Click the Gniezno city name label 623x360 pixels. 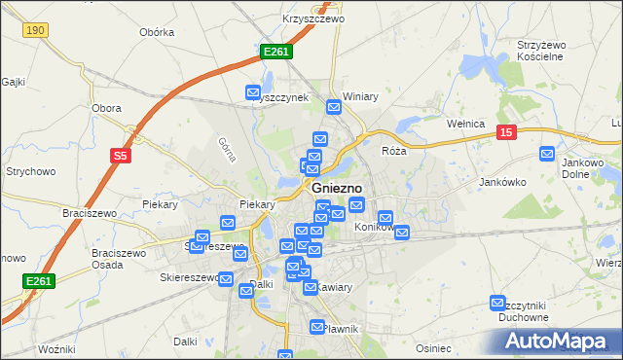[x=337, y=188]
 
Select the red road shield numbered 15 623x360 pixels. [x=504, y=132]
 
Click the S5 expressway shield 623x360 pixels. [x=120, y=155]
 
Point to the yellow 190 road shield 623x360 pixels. [x=36, y=31]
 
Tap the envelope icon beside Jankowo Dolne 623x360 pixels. [x=547, y=153]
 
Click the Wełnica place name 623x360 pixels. [x=465, y=124]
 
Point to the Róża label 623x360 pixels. [x=393, y=151]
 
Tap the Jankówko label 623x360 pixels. [x=503, y=182]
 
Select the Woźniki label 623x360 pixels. [x=55, y=348]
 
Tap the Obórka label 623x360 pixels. [x=157, y=32]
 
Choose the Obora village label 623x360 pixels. [x=105, y=108]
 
